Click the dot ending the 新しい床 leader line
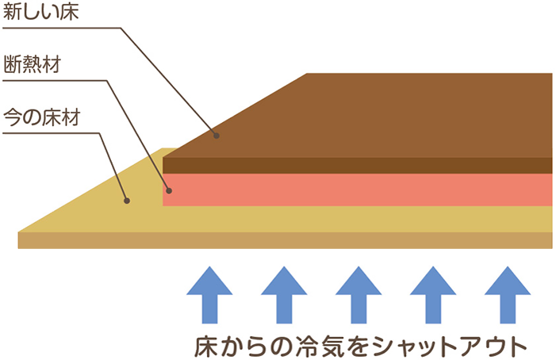point(216,136)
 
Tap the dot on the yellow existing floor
point(126,201)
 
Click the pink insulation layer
point(357,189)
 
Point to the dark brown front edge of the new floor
point(357,165)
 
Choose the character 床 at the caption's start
point(205,346)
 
